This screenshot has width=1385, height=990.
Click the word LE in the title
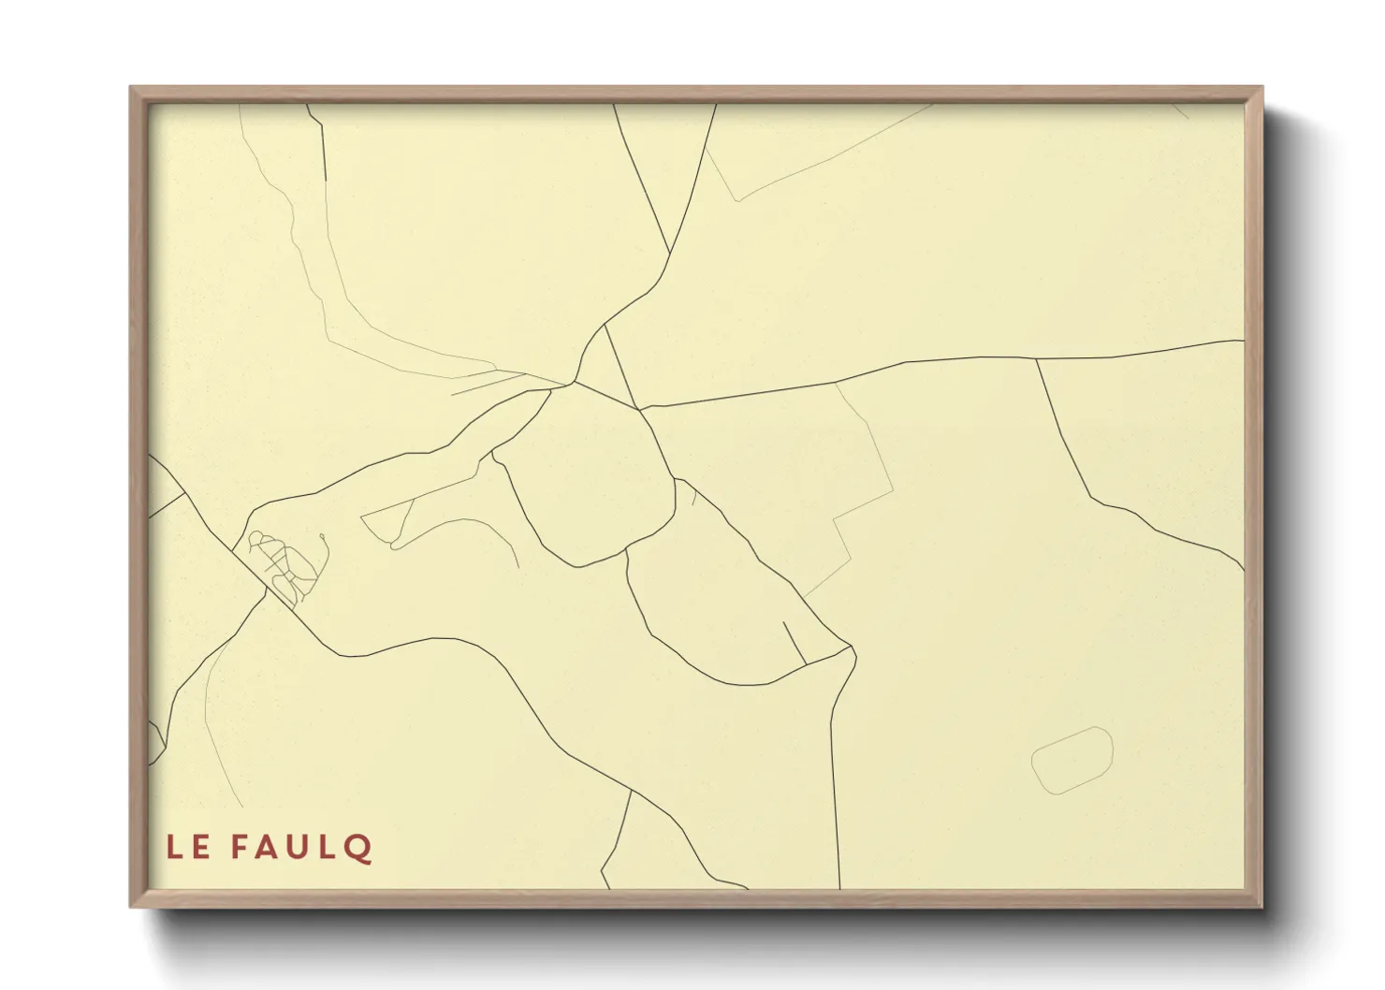[187, 848]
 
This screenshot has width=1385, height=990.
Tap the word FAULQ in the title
[301, 848]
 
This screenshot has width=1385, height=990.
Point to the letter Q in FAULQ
[359, 849]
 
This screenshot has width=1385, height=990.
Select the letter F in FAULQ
[240, 848]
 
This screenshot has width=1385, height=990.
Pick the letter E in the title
[201, 848]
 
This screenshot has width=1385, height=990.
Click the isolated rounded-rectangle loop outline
[1072, 760]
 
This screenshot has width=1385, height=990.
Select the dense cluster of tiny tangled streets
[285, 566]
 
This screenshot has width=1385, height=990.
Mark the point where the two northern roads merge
[670, 253]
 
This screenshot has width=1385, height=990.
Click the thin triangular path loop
[388, 522]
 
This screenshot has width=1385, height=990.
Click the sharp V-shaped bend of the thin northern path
[738, 199]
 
